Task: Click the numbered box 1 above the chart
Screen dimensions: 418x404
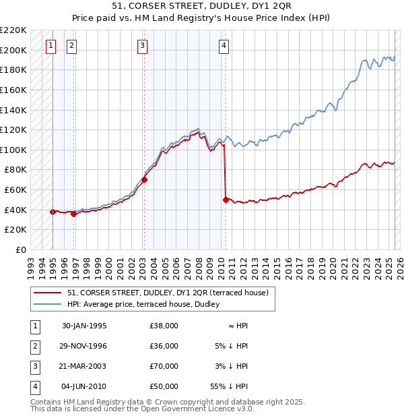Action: pyautogui.click(x=51, y=46)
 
